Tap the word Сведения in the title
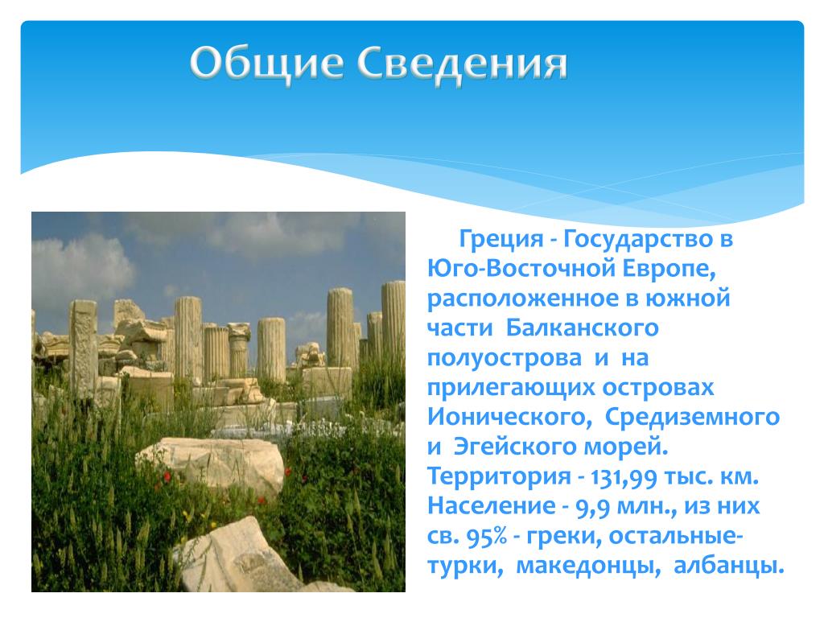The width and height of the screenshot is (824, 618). tap(462, 64)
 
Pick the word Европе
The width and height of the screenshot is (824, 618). tap(669, 270)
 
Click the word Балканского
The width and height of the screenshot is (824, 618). tap(583, 328)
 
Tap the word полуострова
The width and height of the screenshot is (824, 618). tap(504, 359)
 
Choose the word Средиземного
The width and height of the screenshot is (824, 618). tap(692, 418)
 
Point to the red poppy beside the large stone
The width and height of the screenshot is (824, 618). tap(167, 476)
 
